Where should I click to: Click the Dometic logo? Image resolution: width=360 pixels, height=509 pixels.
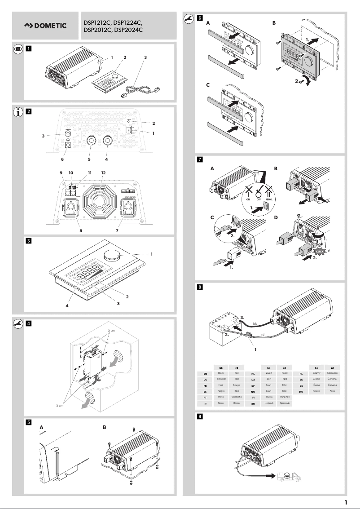point(45,26)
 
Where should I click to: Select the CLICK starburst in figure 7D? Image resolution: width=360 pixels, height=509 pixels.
point(322,249)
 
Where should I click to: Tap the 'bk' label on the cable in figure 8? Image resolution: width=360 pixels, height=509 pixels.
point(255,323)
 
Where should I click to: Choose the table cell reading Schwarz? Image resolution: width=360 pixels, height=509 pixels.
point(220,379)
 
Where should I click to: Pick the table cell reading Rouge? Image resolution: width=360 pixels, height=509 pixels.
point(237,385)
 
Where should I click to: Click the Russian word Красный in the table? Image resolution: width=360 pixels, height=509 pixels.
point(284,404)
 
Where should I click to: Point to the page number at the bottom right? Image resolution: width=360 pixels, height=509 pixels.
point(346,502)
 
